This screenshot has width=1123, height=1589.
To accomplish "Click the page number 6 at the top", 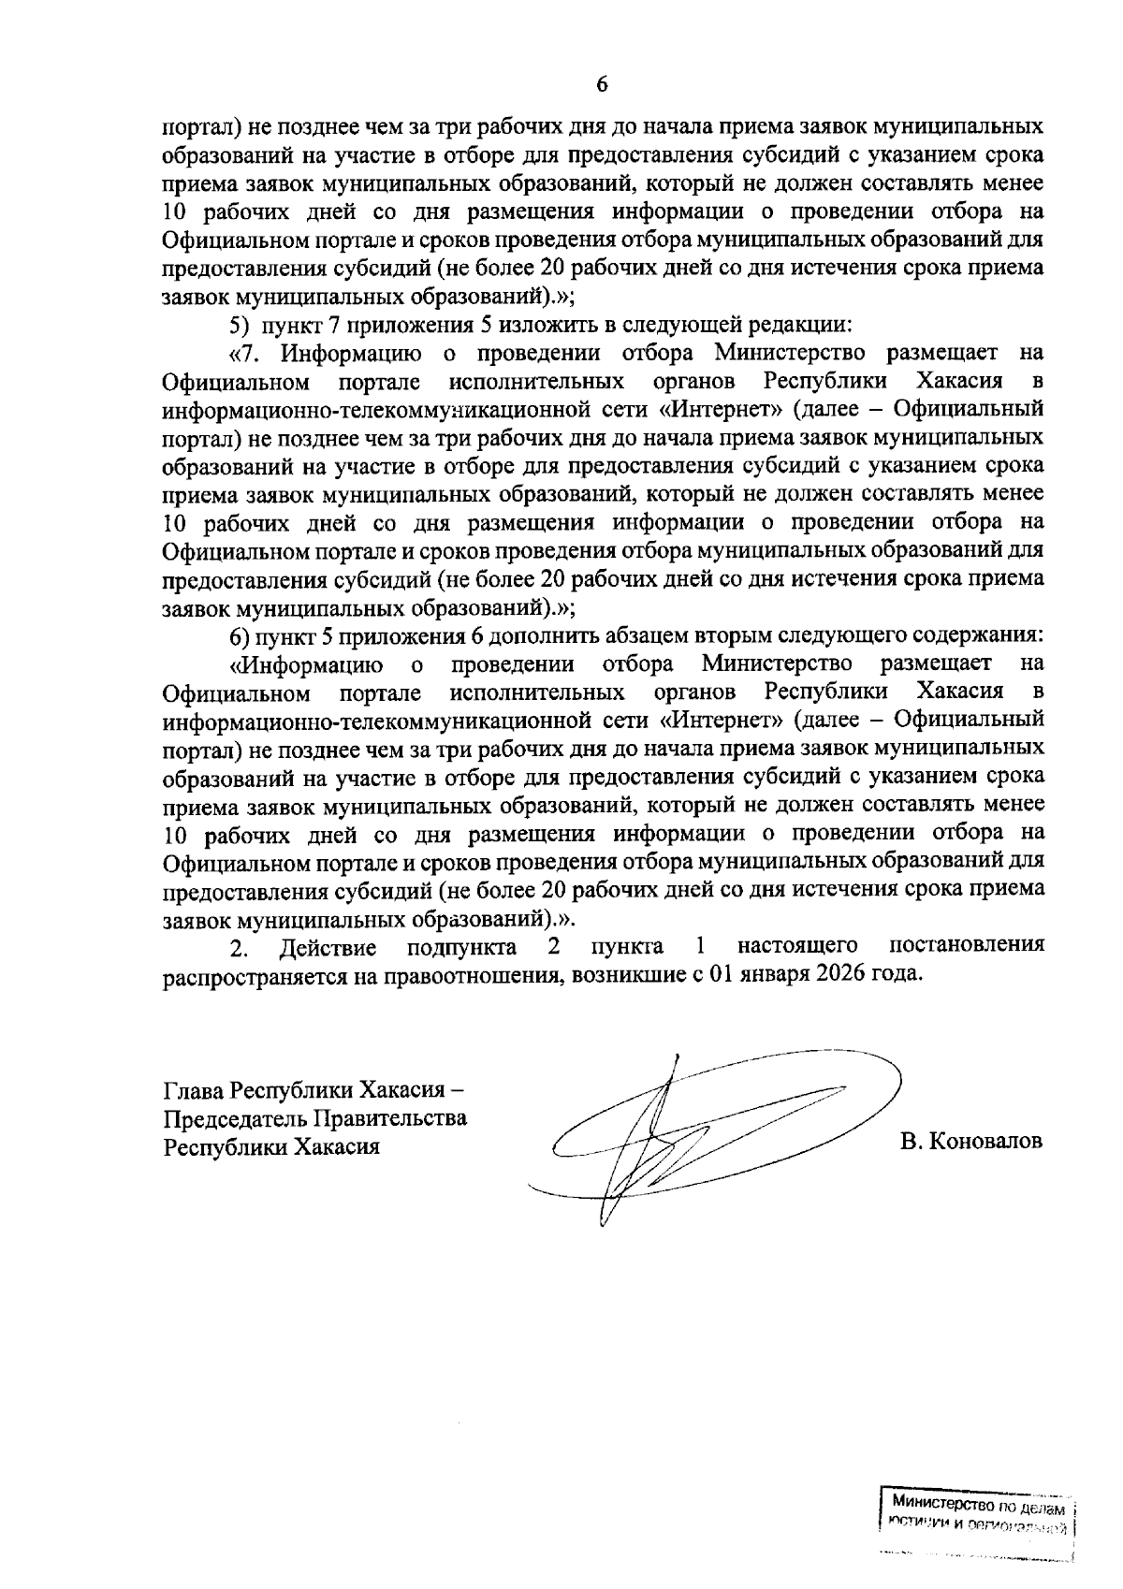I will [x=602, y=84].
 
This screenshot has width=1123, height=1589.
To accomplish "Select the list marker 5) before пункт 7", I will [x=241, y=327].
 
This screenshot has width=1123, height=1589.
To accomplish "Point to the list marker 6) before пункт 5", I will [x=241, y=637].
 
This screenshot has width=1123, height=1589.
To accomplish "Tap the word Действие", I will [x=328, y=948].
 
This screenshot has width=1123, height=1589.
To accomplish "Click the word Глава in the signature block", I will [x=194, y=1092].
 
